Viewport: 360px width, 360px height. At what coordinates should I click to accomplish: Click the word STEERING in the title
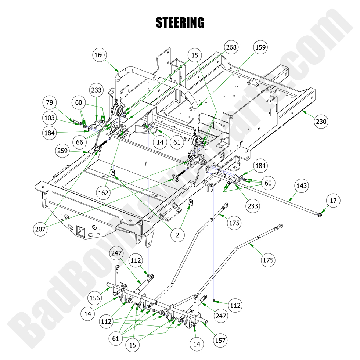tap(180, 22)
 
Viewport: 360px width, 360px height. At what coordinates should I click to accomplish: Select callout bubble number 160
tap(100, 55)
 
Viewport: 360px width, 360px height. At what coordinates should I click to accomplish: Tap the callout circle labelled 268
tap(231, 47)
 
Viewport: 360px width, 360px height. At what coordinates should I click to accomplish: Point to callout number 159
tap(260, 47)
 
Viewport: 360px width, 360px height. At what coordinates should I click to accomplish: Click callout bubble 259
tap(63, 150)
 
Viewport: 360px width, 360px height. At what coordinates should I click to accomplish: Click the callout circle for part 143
tap(301, 186)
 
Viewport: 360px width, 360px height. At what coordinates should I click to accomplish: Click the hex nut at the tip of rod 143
tap(320, 214)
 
